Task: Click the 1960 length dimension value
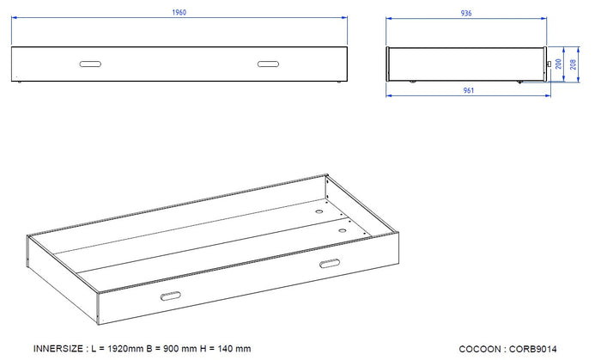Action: tap(179, 13)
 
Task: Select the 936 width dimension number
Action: tap(465, 13)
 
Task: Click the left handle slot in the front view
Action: tap(90, 63)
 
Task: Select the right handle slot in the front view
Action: tap(267, 63)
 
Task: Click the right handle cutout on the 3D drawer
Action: tap(328, 264)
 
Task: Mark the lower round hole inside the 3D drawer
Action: tap(342, 230)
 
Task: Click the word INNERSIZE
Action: tap(58, 349)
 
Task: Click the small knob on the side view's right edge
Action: tap(547, 64)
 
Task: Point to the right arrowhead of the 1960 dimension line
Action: tap(343, 19)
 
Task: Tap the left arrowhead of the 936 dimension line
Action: tap(388, 19)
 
